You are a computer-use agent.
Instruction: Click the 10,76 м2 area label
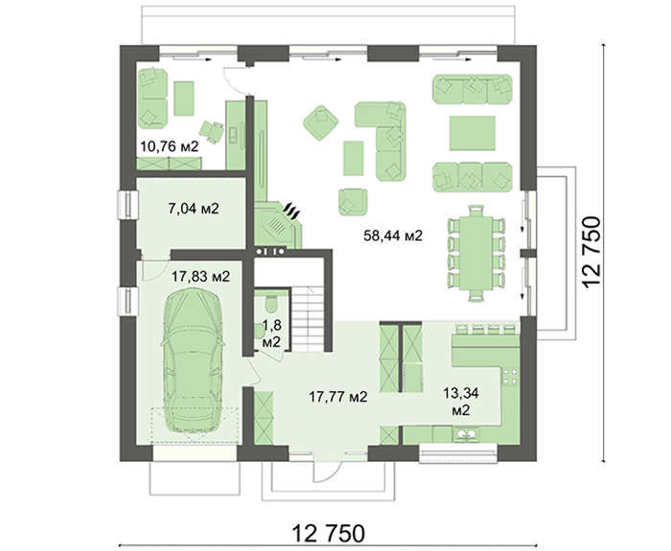[170, 147]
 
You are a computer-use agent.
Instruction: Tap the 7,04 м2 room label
[194, 209]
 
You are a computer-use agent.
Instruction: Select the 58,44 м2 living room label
[393, 236]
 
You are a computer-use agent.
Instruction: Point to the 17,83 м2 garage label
[200, 277]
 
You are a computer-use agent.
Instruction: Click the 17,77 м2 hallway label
[338, 397]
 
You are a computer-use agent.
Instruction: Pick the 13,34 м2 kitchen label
[461, 402]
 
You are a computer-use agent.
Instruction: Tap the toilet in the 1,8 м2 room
[271, 303]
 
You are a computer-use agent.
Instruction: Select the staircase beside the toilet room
[308, 319]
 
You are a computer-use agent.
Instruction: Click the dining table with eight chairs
[475, 253]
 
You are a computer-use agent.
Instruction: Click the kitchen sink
[467, 435]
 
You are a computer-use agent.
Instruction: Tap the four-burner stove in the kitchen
[511, 376]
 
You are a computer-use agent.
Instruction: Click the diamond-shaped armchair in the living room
[320, 124]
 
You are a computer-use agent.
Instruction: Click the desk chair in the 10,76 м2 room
[212, 130]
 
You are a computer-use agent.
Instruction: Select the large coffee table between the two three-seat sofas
[473, 132]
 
